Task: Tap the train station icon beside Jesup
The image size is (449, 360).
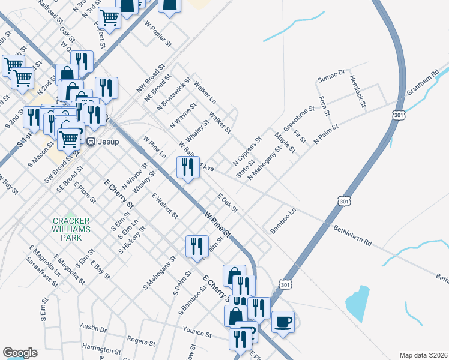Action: coord(91,142)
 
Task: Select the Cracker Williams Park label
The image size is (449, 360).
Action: coord(71,229)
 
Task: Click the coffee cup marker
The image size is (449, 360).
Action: coord(283,322)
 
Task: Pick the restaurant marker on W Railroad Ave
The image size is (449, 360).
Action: coord(188,167)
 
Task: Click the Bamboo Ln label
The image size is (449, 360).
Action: coord(283,221)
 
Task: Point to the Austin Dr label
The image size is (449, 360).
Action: coord(94,329)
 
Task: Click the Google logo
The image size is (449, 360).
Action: coord(20,353)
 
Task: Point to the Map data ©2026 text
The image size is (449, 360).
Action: coord(423,355)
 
